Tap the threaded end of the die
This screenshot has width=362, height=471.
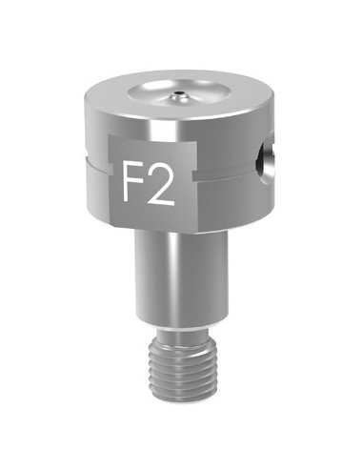pos(189,367)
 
